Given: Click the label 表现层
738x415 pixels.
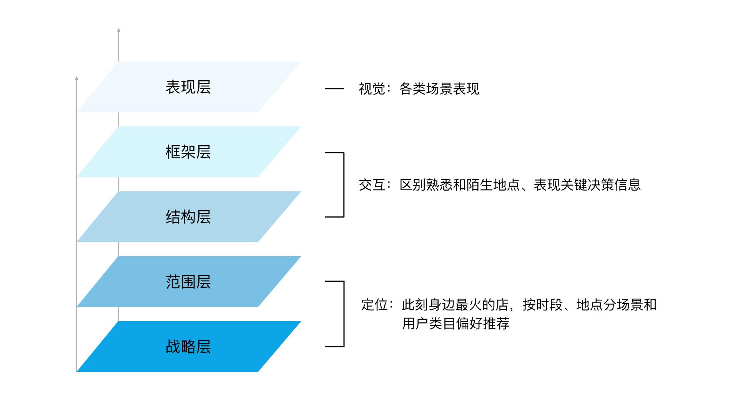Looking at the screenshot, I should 188,87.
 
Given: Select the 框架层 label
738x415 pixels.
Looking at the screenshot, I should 188,152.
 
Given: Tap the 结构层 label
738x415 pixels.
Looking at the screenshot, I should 188,217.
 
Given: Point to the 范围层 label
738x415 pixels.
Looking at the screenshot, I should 188,282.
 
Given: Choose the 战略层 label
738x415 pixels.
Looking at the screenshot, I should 188,347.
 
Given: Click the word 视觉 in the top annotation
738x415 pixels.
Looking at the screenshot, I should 372,89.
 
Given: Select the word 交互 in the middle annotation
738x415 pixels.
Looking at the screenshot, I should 372,185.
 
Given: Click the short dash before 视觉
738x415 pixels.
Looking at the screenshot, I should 334,89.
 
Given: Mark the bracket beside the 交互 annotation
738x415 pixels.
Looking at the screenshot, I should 343,185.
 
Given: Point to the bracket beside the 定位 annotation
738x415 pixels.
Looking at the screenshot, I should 343,314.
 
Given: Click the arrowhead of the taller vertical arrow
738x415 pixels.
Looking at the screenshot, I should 119,30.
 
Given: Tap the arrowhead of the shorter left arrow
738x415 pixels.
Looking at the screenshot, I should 76,78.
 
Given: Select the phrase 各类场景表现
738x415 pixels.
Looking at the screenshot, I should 439,89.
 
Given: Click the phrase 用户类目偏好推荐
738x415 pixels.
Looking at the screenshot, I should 455,324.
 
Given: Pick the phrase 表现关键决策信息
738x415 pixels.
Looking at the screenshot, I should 587,185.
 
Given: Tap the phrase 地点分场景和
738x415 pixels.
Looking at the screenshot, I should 617,305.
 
